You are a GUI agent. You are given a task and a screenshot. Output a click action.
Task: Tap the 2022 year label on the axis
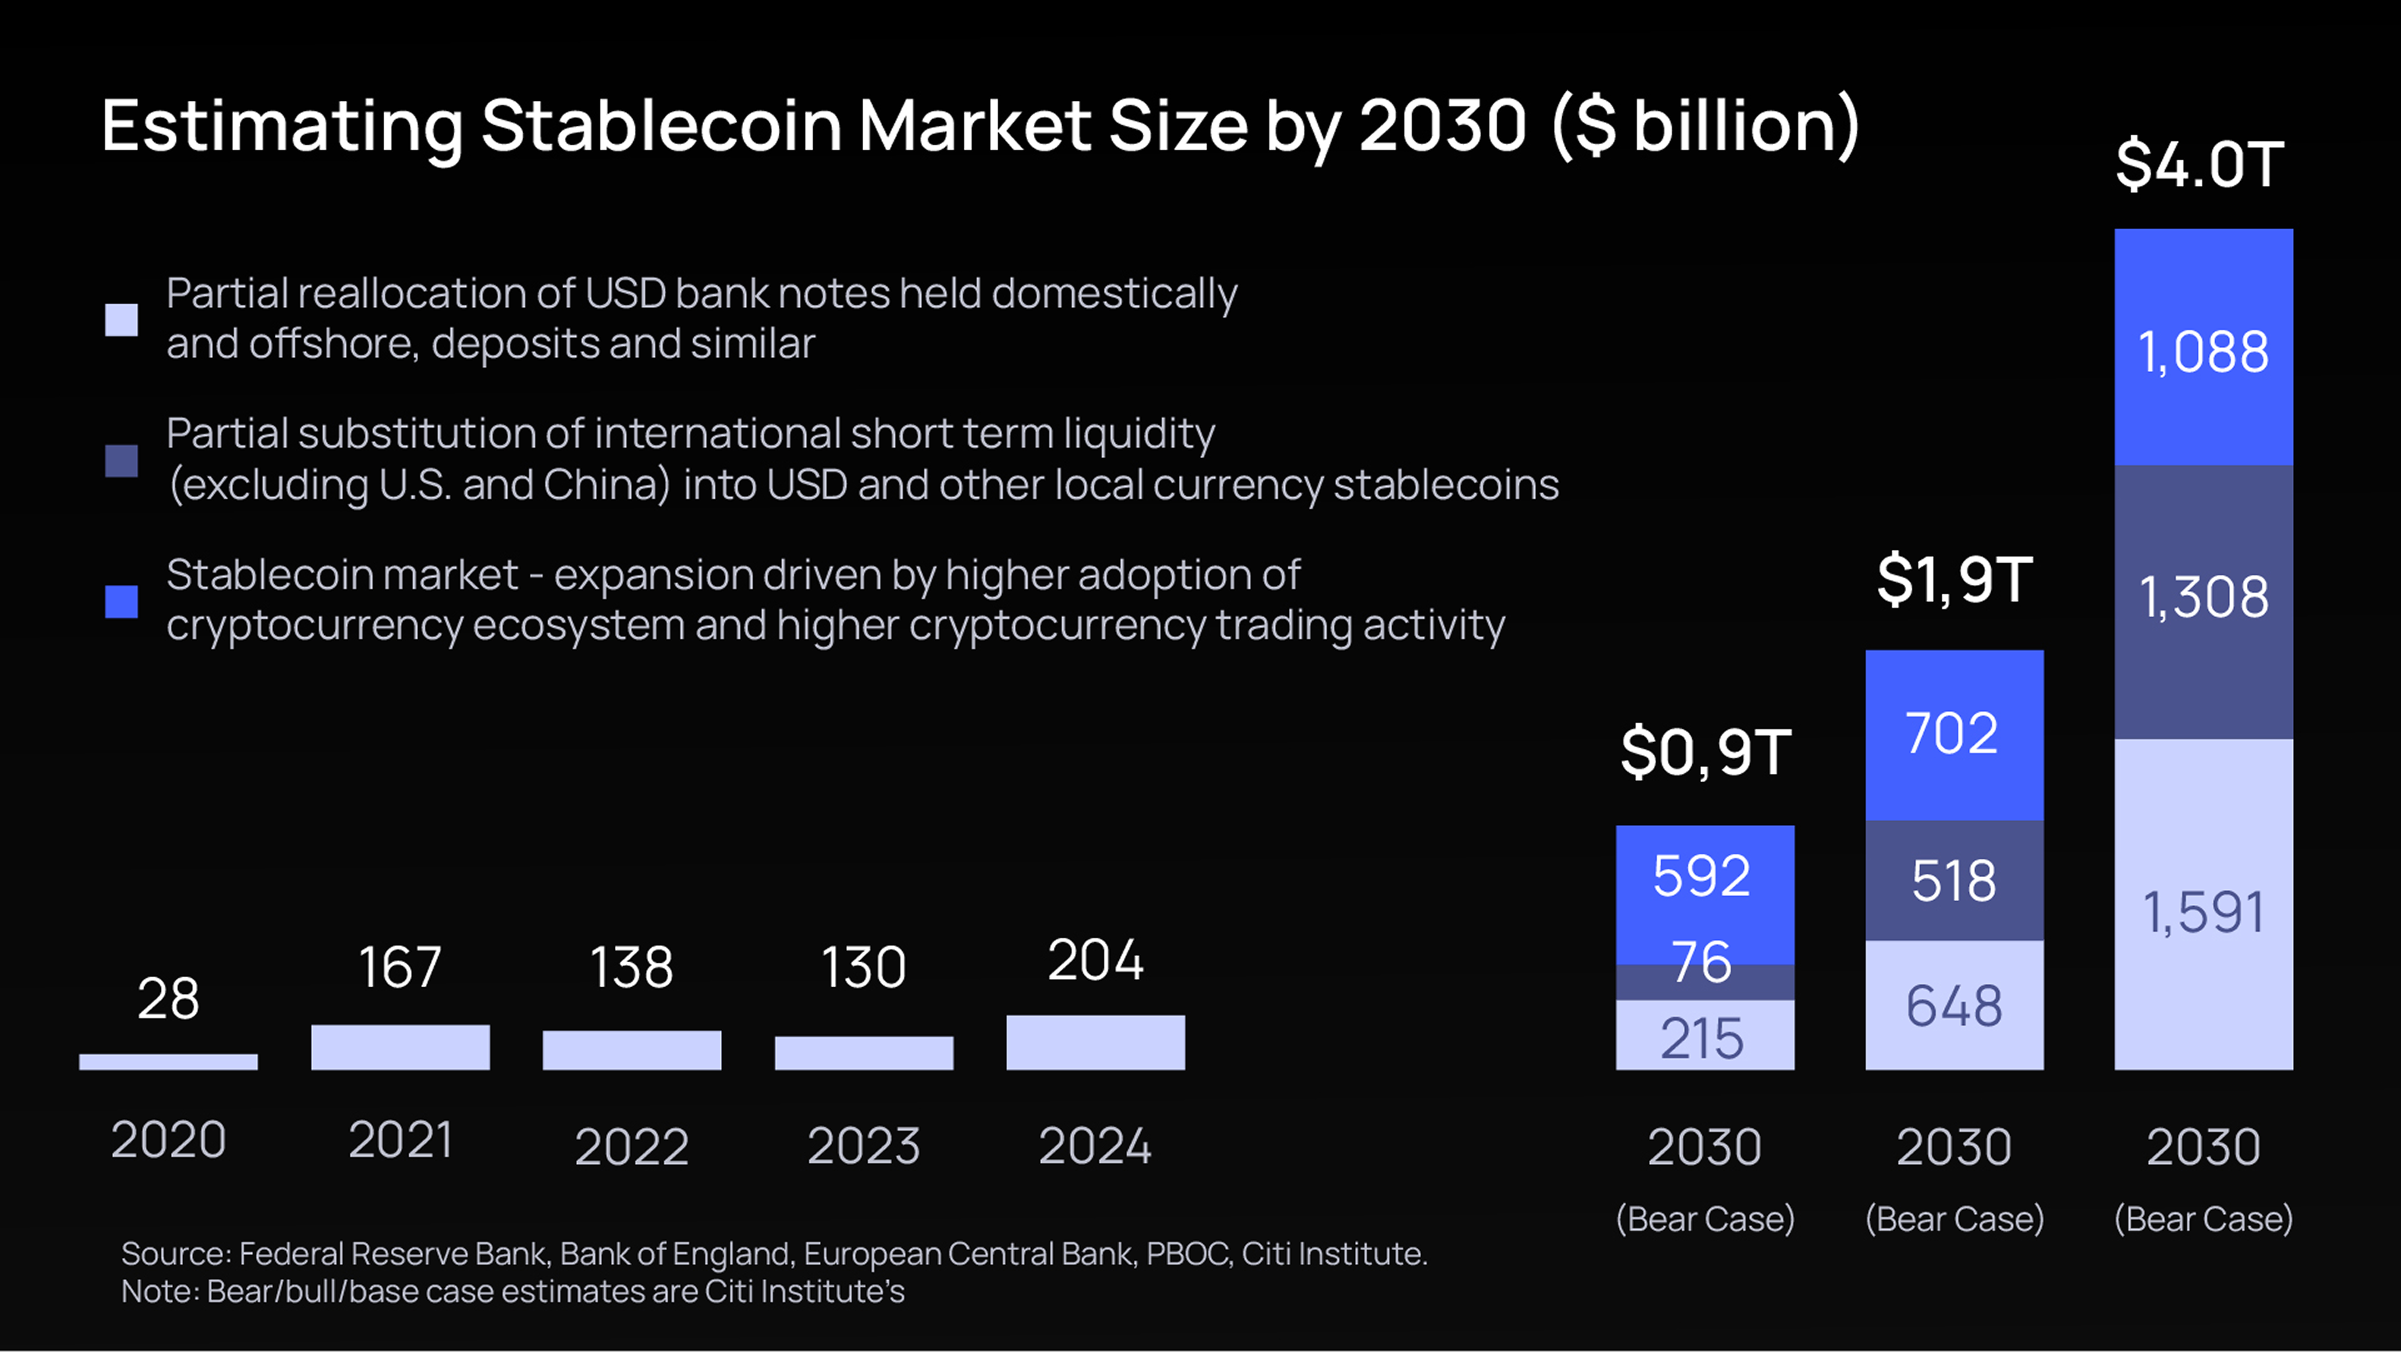631,1146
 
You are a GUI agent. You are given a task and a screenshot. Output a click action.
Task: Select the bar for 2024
1095,1043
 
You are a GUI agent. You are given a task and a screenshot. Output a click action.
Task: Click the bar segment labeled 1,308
2204,601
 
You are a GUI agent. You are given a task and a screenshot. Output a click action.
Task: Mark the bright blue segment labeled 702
1953,735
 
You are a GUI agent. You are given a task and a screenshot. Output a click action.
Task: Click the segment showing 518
1953,880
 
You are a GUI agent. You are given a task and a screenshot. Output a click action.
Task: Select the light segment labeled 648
1953,1005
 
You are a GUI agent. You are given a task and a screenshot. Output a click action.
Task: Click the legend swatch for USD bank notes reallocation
121,320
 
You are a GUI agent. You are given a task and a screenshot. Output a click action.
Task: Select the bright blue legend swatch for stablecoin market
121,601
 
